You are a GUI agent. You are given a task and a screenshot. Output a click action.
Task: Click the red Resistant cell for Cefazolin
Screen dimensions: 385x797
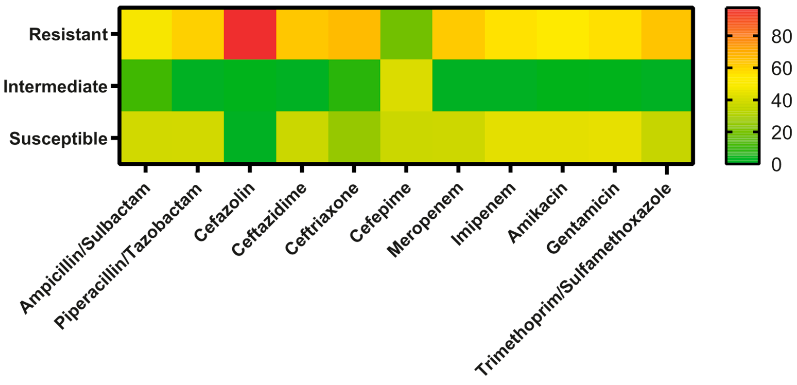click(250, 34)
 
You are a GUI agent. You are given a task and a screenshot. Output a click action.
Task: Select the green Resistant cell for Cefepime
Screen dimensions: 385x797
click(406, 34)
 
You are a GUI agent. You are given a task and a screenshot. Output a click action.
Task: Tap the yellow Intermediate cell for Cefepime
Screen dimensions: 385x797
click(406, 86)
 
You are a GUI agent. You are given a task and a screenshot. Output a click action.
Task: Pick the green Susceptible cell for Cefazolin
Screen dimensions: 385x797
click(250, 136)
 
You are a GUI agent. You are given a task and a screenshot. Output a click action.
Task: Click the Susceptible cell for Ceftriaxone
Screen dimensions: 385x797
click(354, 136)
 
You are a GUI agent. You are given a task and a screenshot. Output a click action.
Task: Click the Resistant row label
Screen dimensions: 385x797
click(68, 35)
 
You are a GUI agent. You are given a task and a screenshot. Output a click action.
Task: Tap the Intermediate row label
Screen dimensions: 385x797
click(55, 87)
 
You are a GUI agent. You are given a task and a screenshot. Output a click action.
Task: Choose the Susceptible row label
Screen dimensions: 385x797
click(58, 139)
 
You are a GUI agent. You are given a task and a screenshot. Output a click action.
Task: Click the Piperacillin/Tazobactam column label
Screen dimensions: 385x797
click(128, 256)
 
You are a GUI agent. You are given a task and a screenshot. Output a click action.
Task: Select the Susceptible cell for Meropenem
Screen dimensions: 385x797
click(458, 136)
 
